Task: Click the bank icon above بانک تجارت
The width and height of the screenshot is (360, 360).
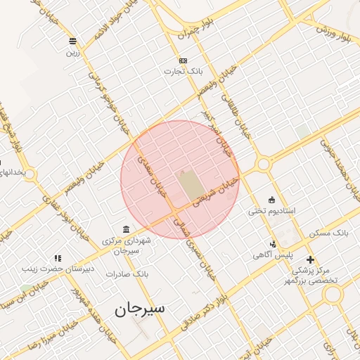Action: pyautogui.click(x=183, y=60)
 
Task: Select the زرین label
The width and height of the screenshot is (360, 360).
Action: pyautogui.click(x=73, y=51)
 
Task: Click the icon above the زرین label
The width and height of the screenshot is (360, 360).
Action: pyautogui.click(x=73, y=40)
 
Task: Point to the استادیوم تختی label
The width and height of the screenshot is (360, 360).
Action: pyautogui.click(x=272, y=211)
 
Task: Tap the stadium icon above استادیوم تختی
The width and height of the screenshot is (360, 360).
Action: pyautogui.click(x=272, y=199)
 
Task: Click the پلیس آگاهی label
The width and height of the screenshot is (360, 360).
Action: pyautogui.click(x=274, y=255)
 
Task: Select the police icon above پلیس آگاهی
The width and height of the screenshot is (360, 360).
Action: pyautogui.click(x=273, y=243)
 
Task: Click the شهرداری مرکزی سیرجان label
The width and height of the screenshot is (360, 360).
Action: pyautogui.click(x=127, y=245)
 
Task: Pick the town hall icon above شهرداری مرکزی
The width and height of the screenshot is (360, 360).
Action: pyautogui.click(x=126, y=229)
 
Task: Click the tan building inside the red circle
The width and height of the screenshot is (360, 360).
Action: pyautogui.click(x=190, y=183)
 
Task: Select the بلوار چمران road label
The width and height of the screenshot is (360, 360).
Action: pyautogui.click(x=194, y=29)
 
